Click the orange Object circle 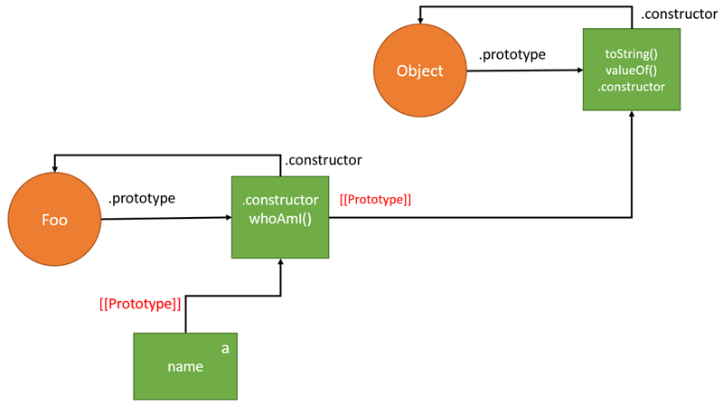click(420, 71)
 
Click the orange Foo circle click(54, 219)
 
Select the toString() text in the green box click(631, 53)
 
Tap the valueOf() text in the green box click(631, 71)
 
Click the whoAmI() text click(280, 218)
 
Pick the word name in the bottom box click(184, 367)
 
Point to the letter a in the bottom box click(225, 346)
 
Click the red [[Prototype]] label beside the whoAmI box click(375, 199)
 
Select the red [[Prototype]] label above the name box click(140, 304)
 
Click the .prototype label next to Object click(512, 54)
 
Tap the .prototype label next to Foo click(142, 198)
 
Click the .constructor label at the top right click(680, 14)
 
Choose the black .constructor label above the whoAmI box click(323, 160)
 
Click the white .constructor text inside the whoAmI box click(280, 200)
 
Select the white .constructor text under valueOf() click(631, 87)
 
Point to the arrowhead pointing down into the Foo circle click(55, 170)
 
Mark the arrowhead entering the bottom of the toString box click(632, 117)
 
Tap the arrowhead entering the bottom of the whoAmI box click(280, 263)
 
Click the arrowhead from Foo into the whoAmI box click(226, 217)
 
